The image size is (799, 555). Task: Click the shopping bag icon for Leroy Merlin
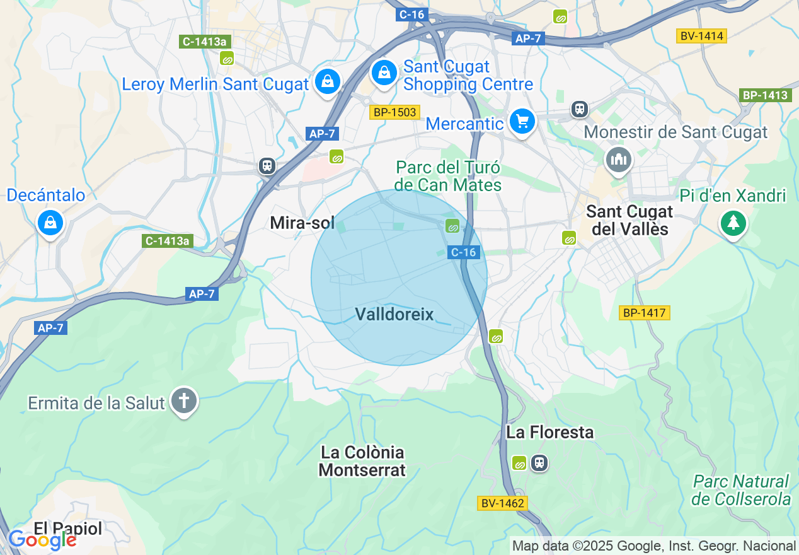tap(328, 81)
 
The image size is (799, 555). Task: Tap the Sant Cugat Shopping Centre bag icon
tap(383, 73)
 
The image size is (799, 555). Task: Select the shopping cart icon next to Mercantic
tap(522, 121)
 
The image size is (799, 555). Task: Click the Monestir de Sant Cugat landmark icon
tap(618, 159)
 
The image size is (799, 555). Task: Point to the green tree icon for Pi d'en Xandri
tap(733, 223)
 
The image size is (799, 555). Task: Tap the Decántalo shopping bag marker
tap(50, 222)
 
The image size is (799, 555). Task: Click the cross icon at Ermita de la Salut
tap(184, 400)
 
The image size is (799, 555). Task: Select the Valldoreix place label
tap(394, 314)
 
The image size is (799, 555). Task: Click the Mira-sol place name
tap(302, 223)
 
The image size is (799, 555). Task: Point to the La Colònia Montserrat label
tap(362, 461)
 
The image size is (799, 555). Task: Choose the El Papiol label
tap(68, 529)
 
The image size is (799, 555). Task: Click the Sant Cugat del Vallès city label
tap(629, 220)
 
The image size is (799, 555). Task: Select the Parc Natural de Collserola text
tap(741, 490)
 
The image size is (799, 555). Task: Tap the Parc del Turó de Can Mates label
tap(448, 176)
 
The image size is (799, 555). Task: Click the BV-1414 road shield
tap(701, 36)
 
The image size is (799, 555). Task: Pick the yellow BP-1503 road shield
tap(394, 112)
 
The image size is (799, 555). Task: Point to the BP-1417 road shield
tap(643, 313)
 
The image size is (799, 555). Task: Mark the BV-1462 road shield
tap(502, 503)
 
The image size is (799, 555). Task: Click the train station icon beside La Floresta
tap(539, 463)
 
